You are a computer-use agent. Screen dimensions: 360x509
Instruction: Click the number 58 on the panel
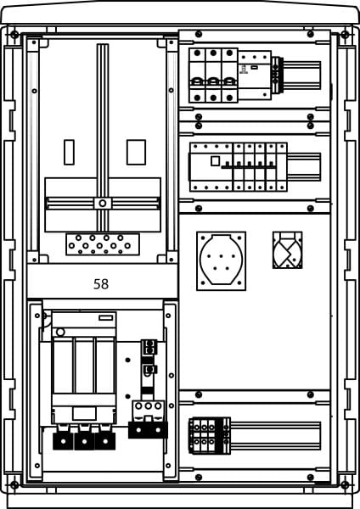101,284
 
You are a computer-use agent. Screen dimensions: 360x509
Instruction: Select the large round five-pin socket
222,261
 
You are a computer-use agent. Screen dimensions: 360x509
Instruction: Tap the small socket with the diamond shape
288,250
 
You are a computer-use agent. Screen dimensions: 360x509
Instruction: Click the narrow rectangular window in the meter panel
69,152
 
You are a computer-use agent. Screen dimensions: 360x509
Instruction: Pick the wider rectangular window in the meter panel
136,152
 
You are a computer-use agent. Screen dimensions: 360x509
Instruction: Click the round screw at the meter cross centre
103,204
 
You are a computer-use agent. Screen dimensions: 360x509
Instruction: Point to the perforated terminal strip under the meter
103,244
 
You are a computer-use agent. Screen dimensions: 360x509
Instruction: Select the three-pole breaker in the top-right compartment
213,76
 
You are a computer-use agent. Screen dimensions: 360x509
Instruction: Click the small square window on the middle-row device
215,161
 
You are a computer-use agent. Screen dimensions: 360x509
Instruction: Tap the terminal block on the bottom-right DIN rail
210,436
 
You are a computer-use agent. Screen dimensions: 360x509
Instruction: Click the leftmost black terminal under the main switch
63,441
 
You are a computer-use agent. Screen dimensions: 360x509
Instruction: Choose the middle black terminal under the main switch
84,441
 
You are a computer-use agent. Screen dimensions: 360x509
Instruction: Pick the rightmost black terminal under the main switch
105,441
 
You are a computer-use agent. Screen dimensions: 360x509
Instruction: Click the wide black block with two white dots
148,430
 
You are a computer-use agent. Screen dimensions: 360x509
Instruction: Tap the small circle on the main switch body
60,332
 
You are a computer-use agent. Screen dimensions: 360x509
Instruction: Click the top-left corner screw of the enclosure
14,34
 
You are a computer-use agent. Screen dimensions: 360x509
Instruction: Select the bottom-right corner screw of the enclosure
345,485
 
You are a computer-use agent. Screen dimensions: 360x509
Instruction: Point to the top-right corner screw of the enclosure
345,34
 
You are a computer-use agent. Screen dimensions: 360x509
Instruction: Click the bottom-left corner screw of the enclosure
14,485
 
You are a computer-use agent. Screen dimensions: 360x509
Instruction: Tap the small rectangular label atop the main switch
106,318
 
